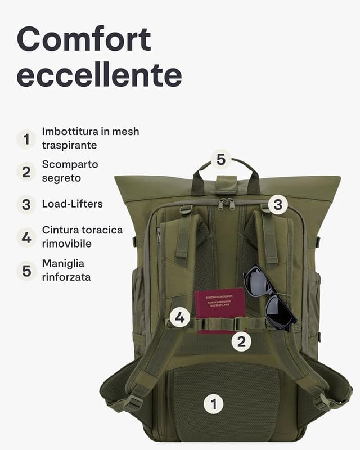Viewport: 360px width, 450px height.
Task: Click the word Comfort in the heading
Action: (x=84, y=40)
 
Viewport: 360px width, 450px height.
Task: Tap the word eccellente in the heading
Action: (x=99, y=75)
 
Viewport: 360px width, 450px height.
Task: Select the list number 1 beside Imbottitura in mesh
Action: (x=26, y=138)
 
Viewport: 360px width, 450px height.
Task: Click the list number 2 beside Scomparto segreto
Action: (x=26, y=172)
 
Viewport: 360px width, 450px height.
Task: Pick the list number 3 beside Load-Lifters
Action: (x=26, y=204)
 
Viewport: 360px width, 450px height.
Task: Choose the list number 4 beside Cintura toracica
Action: (x=26, y=237)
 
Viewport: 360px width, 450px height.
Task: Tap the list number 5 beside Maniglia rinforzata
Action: (x=26, y=271)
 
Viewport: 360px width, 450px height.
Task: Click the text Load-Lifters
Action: (x=72, y=204)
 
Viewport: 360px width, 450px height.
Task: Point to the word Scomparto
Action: (x=70, y=165)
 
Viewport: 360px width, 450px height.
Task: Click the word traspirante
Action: (x=69, y=145)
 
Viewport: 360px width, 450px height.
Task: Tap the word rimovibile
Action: (x=66, y=244)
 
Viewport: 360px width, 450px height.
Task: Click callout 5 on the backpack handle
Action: (x=221, y=159)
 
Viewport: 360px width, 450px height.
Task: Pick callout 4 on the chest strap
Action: (x=179, y=318)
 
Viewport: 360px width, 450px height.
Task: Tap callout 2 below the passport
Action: (x=241, y=341)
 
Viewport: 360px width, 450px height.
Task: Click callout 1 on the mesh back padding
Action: (x=213, y=403)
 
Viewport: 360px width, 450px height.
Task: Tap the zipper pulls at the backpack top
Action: (x=226, y=203)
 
